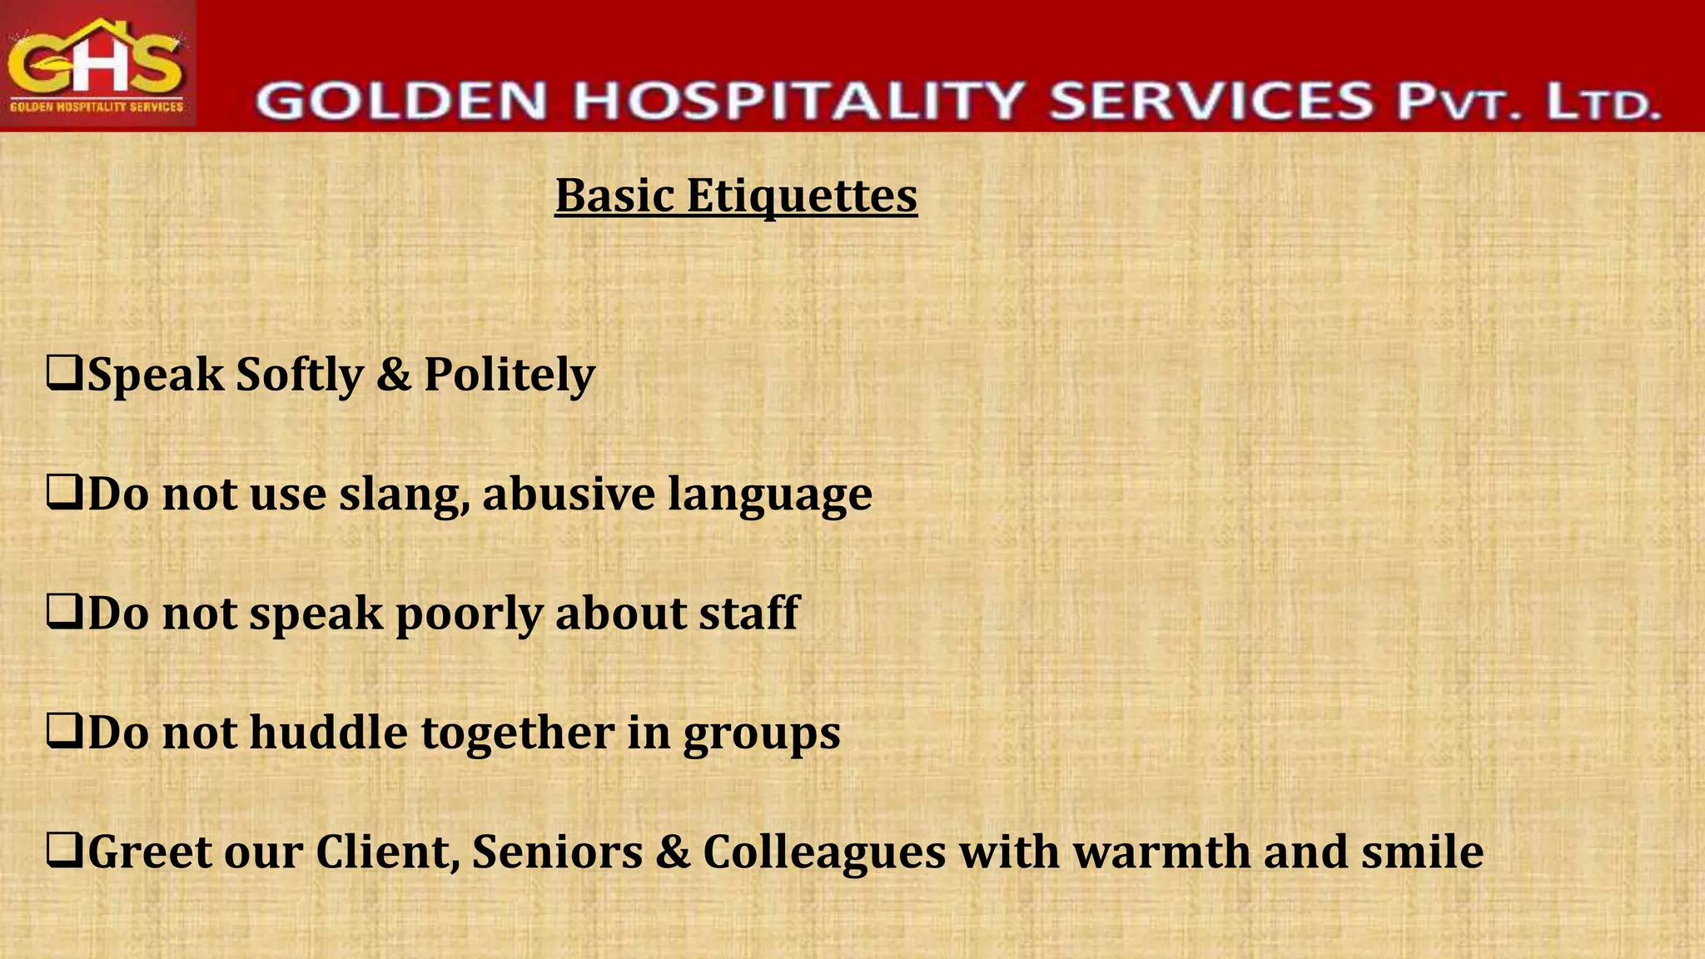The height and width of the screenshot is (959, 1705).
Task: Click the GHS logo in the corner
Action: pyautogui.click(x=97, y=64)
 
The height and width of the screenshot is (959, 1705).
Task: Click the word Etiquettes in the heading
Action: pyautogui.click(x=802, y=196)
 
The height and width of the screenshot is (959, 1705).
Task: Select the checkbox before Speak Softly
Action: pyautogui.click(x=64, y=374)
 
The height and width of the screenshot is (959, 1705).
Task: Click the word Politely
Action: pyautogui.click(x=510, y=375)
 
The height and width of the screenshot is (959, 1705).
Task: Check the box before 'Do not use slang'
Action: pyautogui.click(x=64, y=493)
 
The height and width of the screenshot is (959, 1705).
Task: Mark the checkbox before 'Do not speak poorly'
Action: pyautogui.click(x=64, y=613)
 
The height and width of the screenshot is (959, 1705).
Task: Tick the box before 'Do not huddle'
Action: pyautogui.click(x=64, y=733)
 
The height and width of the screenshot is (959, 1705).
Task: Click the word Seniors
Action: pyautogui.click(x=557, y=852)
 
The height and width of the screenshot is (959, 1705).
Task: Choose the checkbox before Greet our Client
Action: pyautogui.click(x=64, y=852)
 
